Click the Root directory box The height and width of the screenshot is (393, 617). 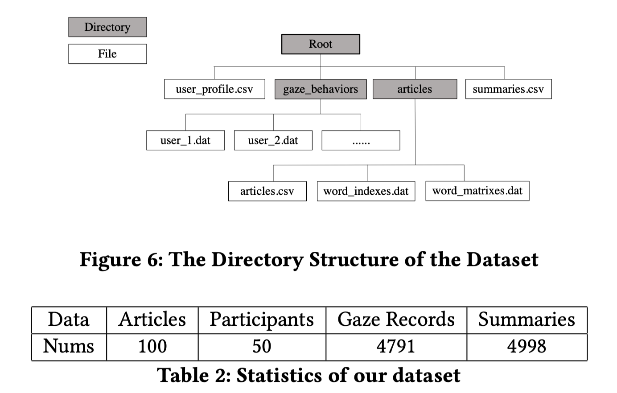click(x=321, y=44)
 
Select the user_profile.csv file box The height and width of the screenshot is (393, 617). click(x=214, y=89)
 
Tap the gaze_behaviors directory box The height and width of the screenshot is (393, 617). click(x=321, y=89)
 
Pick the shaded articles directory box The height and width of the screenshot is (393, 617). click(x=415, y=89)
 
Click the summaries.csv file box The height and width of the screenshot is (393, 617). click(x=509, y=89)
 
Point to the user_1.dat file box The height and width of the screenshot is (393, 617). click(x=185, y=140)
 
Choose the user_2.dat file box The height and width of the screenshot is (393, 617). click(x=273, y=140)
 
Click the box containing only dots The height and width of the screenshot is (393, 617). click(x=361, y=140)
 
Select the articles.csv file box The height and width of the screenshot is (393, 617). click(x=267, y=191)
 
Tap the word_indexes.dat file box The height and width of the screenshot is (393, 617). click(x=366, y=191)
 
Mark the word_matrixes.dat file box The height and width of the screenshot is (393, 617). click(x=477, y=191)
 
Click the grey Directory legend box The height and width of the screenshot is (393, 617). click(x=107, y=27)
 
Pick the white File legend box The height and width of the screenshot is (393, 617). click(x=107, y=53)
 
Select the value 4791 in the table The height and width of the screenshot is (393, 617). click(x=396, y=346)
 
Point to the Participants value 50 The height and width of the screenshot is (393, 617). click(x=262, y=346)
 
